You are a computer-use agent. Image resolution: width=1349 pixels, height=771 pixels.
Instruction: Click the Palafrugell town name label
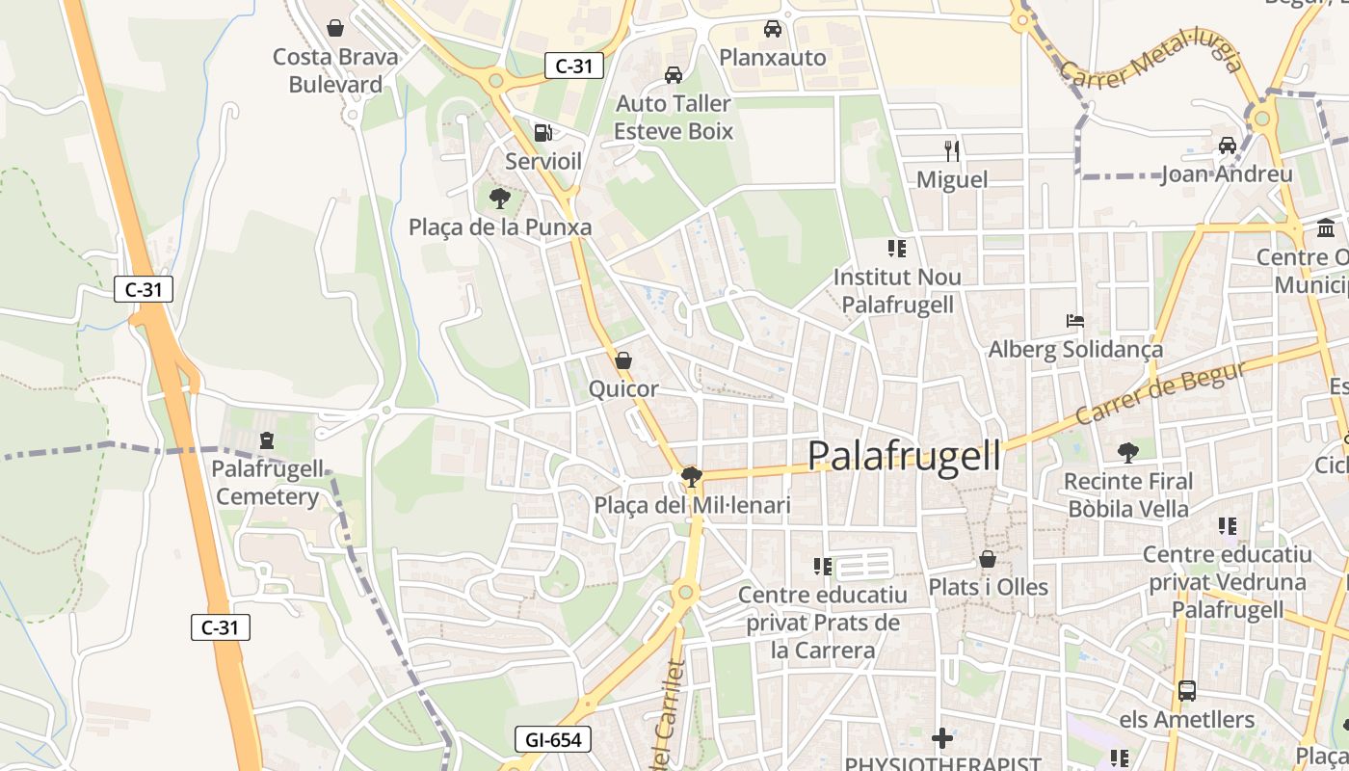pos(904,455)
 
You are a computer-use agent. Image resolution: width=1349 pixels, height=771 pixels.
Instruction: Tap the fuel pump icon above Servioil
pos(543,133)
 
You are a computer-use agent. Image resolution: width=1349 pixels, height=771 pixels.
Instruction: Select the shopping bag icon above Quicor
pos(623,361)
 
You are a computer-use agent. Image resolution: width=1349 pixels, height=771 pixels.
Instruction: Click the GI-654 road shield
pos(553,740)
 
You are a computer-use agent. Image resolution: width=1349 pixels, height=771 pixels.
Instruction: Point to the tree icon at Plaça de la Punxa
pos(499,199)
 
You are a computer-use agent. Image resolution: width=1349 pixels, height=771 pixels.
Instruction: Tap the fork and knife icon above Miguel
pos(952,150)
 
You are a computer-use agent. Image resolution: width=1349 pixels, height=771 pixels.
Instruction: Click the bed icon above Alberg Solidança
pos(1075,320)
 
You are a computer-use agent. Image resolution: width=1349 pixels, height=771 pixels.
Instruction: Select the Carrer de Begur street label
pos(1161,392)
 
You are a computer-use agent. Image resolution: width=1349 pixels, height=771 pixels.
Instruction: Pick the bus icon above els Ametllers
pos(1187,691)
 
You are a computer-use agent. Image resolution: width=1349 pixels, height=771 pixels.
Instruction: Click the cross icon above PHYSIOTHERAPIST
pos(942,738)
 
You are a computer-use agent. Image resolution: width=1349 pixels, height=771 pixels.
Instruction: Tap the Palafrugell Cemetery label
pos(268,483)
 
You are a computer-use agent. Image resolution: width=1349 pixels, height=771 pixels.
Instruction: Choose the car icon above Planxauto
pos(773,29)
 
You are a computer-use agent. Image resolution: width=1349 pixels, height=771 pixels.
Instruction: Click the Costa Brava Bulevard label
pos(335,70)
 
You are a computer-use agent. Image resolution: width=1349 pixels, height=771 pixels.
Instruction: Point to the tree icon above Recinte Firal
pos(1127,452)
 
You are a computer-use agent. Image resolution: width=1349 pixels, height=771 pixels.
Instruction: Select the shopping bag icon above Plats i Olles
pos(988,559)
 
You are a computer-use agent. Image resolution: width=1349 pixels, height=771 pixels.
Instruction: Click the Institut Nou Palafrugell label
pos(897,290)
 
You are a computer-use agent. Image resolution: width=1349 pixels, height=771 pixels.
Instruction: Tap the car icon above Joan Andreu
pos(1227,146)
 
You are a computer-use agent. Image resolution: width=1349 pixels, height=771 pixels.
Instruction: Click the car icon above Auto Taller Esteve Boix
pos(674,75)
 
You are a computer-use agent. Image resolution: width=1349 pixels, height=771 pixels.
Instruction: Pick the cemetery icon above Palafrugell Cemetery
pos(267,440)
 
